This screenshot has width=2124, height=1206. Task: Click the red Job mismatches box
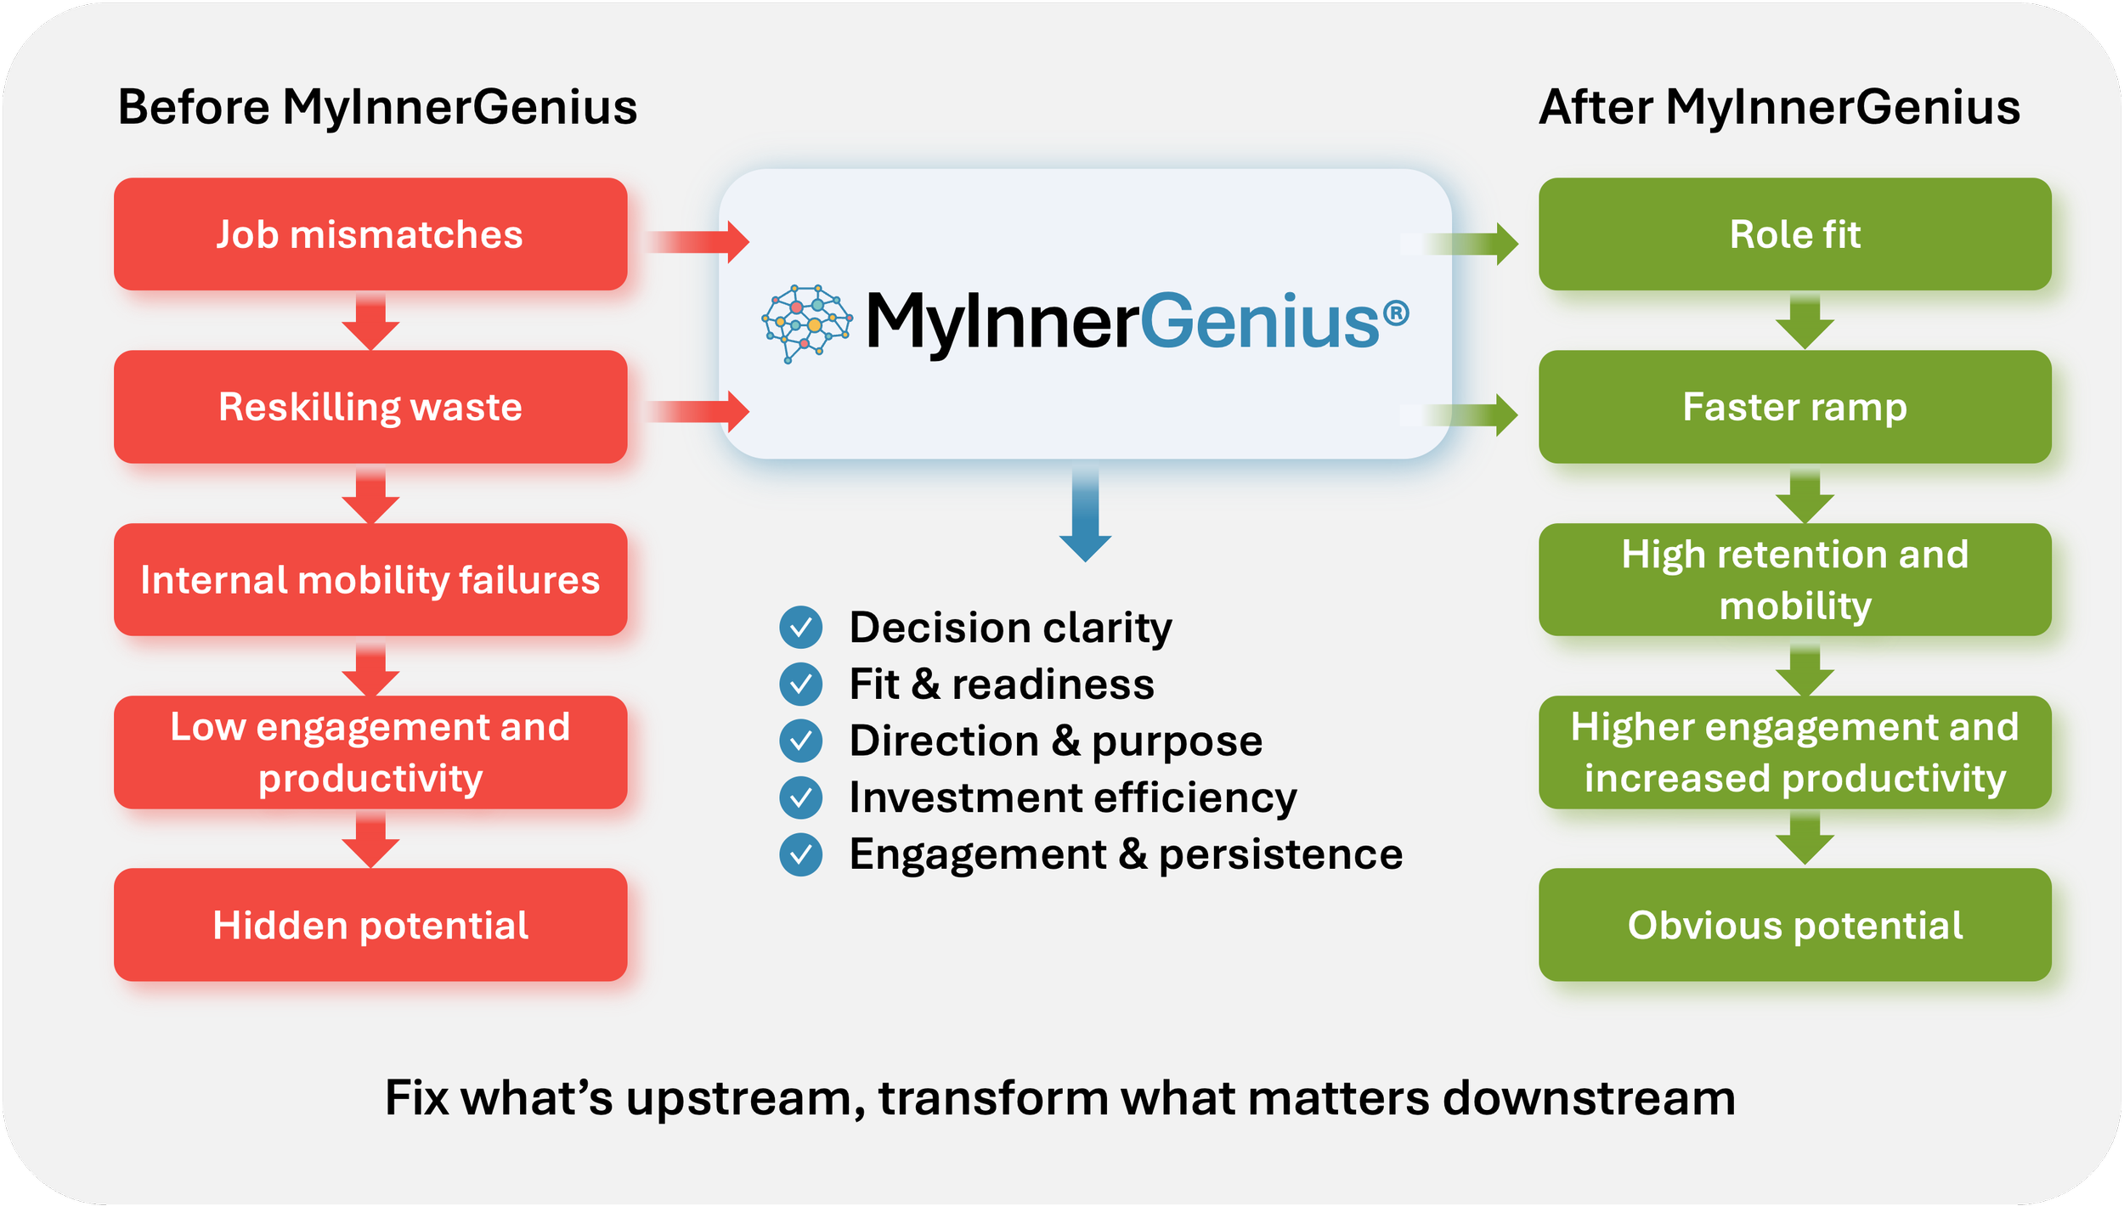370,234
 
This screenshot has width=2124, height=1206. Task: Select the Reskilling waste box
370,407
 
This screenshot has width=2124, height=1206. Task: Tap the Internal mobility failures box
370,580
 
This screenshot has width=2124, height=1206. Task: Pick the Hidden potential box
370,925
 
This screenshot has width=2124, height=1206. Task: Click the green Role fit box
1794,234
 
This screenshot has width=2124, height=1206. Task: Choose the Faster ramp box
1794,407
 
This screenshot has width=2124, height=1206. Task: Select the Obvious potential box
1794,925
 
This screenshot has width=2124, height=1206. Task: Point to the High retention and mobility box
1794,580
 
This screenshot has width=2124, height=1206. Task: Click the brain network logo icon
805,323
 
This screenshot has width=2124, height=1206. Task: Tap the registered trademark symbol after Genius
1396,314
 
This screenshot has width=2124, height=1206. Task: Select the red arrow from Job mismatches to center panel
698,242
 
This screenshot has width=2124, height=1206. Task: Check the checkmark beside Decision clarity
800,628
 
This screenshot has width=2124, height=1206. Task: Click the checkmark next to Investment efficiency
800,797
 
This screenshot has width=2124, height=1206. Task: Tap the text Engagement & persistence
1126,854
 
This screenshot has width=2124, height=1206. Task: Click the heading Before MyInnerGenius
377,108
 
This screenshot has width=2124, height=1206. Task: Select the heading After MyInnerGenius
1779,108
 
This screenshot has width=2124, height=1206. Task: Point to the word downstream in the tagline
1588,1098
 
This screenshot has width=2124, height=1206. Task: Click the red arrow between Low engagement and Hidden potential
370,839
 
